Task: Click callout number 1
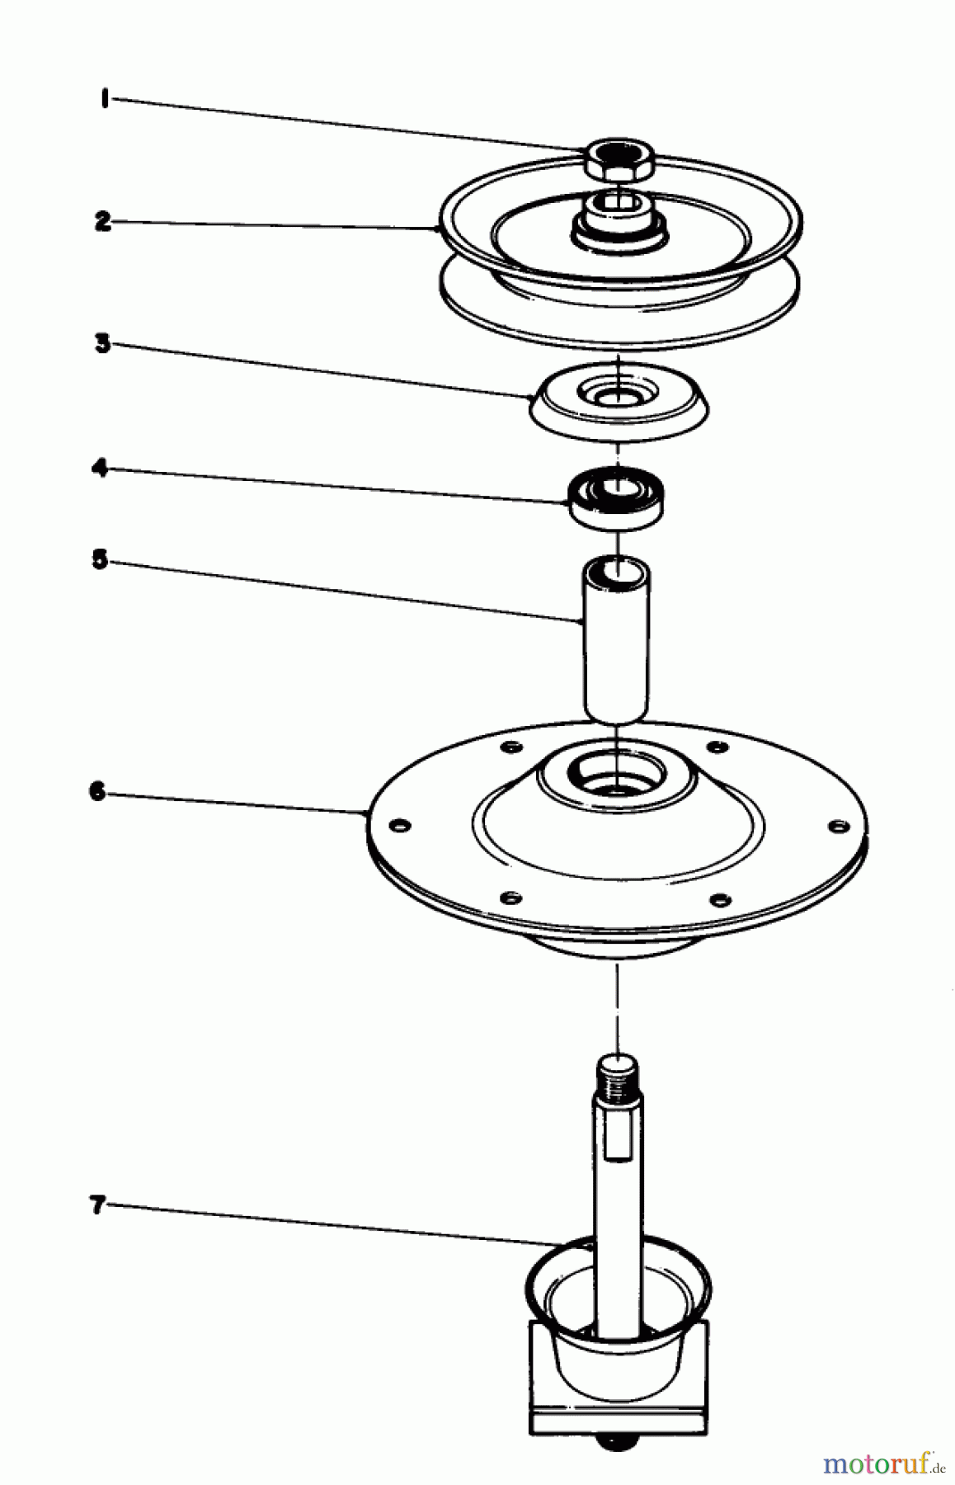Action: coord(104,100)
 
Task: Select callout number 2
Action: coord(102,222)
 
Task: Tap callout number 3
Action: coord(102,343)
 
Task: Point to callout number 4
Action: coord(100,469)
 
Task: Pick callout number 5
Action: coord(100,560)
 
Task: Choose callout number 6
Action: coord(98,793)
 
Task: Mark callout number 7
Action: coord(98,1205)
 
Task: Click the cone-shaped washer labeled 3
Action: coord(617,400)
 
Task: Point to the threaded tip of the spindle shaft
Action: coord(617,1073)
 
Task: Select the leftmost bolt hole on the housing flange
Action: coord(400,825)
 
